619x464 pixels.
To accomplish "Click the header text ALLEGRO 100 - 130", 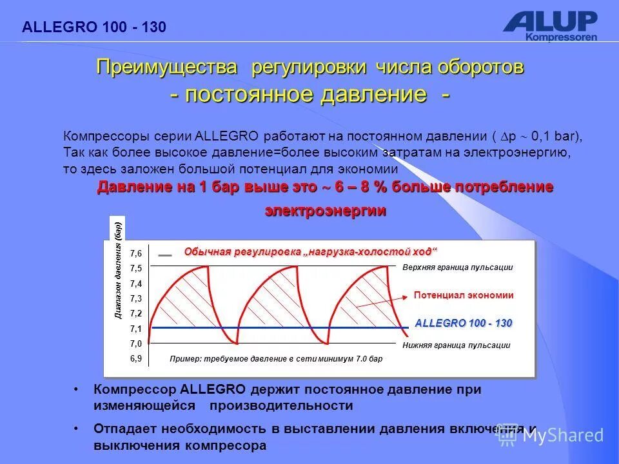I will pos(94,27).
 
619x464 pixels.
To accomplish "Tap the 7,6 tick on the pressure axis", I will pos(135,254).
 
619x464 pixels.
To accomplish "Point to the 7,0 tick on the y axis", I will pos(135,344).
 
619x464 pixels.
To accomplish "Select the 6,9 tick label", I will pos(135,359).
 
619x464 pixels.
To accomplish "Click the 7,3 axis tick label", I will pos(135,298).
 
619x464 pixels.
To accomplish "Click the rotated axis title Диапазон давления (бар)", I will pos(117,271).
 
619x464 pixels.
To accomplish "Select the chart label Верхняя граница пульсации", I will pos(457,267).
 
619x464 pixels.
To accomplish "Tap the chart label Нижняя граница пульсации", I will pos(456,345).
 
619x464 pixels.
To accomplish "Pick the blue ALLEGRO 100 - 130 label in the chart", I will pos(463,323).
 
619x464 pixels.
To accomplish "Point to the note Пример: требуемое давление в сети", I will pos(276,359).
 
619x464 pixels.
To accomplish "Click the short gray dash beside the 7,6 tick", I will pos(165,255).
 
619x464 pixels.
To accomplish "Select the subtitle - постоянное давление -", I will pos(310,95).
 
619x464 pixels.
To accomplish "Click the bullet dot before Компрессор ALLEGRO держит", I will pos(77,390).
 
